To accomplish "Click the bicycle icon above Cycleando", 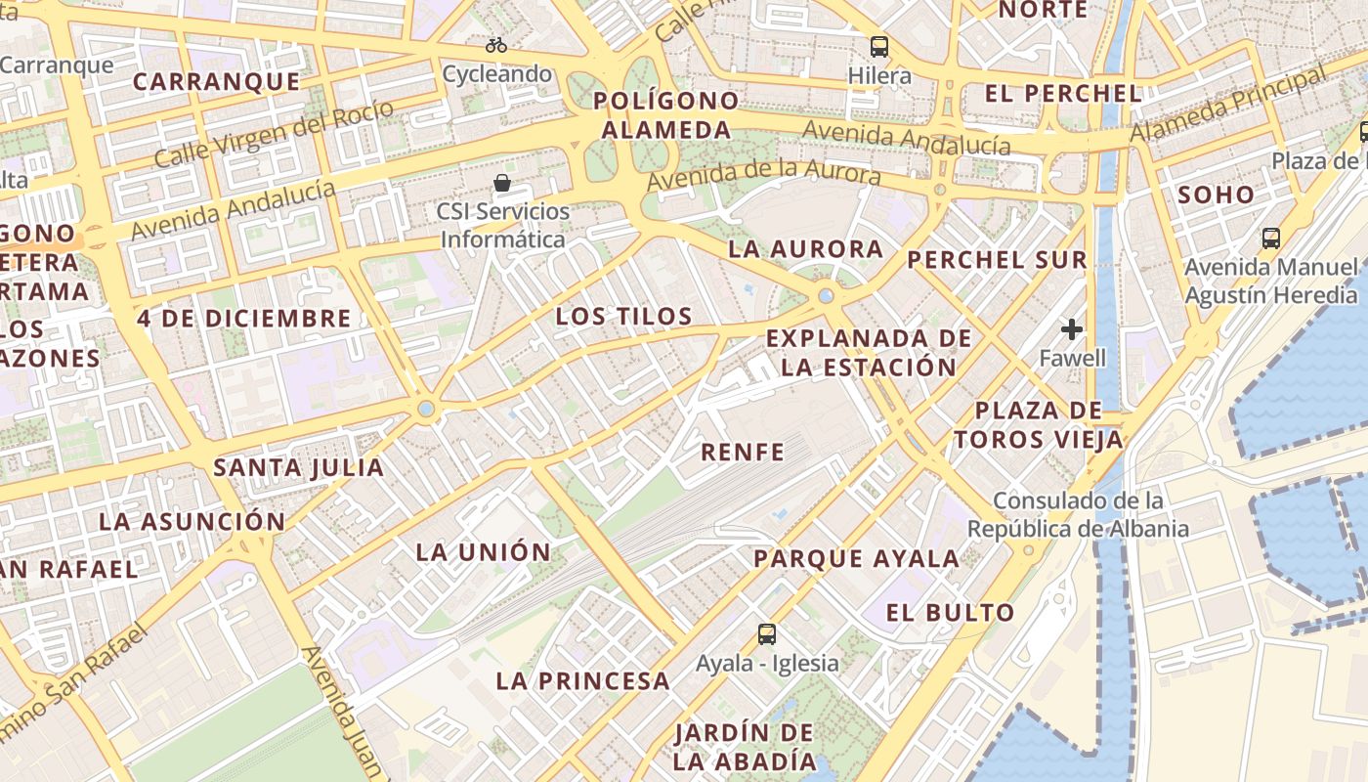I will (x=496, y=45).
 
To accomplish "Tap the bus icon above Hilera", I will (x=879, y=46).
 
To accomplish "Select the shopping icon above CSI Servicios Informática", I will (x=502, y=183).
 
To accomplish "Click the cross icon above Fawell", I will (x=1072, y=329).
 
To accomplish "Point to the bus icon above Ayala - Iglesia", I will (x=767, y=634).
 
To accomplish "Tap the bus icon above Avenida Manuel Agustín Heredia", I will (x=1271, y=238).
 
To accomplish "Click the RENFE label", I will (x=743, y=452).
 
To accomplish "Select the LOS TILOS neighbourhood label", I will (x=623, y=317).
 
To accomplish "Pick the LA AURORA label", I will (x=805, y=249).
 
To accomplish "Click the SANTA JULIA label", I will (x=299, y=467).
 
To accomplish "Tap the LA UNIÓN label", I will (x=484, y=552).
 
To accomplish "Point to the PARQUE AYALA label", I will (x=856, y=559).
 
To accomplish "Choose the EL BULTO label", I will (x=950, y=613).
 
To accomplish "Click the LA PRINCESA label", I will (x=582, y=681).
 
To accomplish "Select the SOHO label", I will (x=1216, y=195).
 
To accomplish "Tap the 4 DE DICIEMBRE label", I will (x=243, y=319).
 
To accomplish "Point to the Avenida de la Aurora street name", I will (x=763, y=177).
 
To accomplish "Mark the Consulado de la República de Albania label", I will (x=1079, y=515).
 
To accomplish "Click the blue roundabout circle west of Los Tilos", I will (x=426, y=409).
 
